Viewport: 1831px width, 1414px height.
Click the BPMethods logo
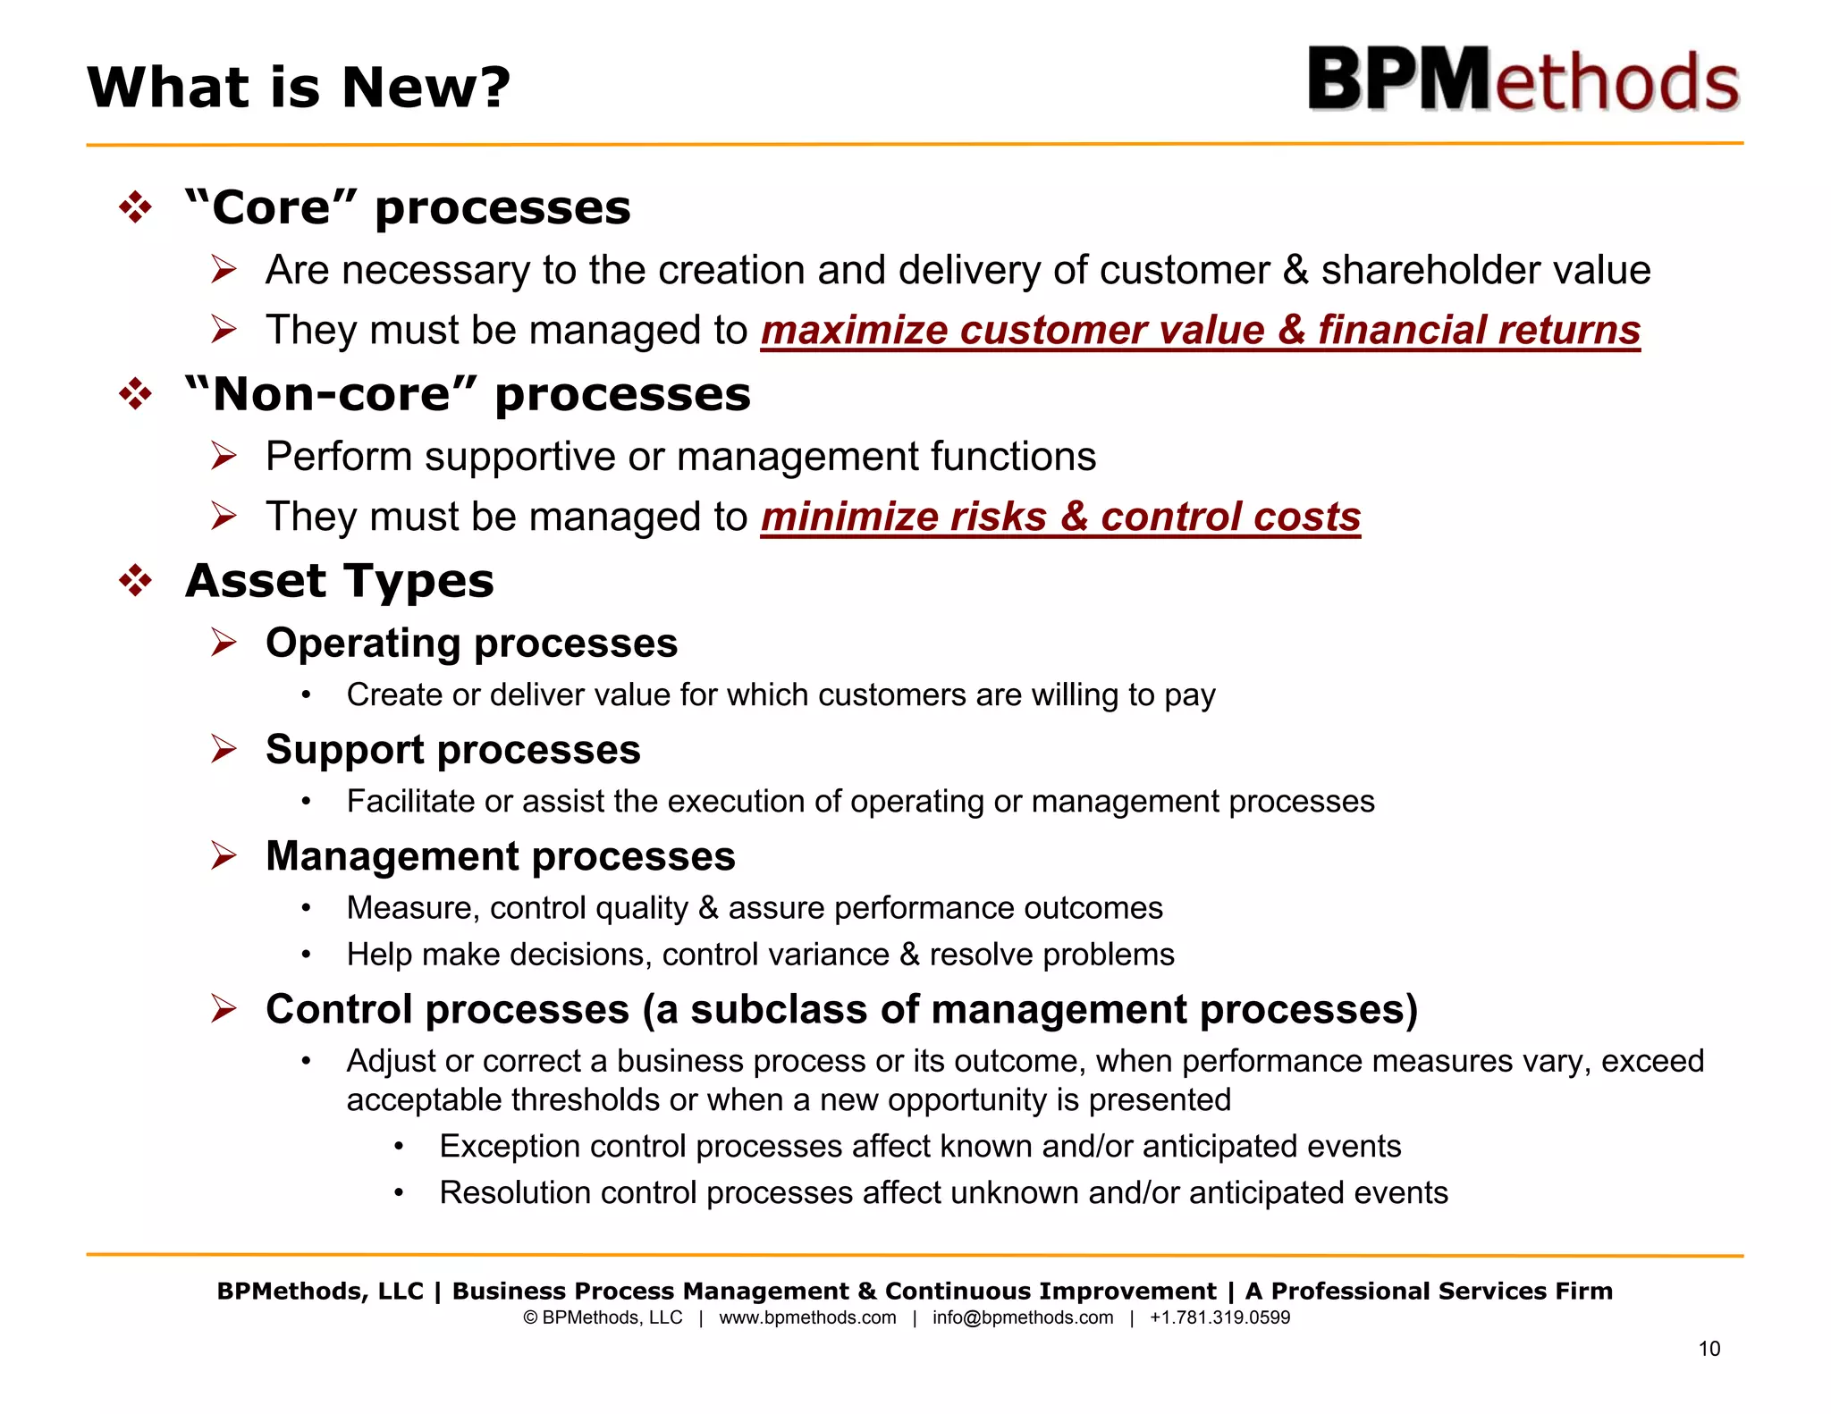pyautogui.click(x=1523, y=80)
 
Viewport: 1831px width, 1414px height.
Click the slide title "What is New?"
pyautogui.click(x=299, y=88)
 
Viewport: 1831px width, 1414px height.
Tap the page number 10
pyautogui.click(x=1709, y=1349)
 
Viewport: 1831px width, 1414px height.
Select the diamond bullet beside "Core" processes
pyautogui.click(x=136, y=208)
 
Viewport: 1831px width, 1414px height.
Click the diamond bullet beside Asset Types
pyautogui.click(x=136, y=582)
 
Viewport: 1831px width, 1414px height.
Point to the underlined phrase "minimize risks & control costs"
pyautogui.click(x=1060, y=518)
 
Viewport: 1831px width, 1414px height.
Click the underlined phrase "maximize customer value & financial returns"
pyautogui.click(x=1200, y=331)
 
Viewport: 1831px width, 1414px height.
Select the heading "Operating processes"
pyautogui.click(x=471, y=644)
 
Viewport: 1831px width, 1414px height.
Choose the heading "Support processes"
pyautogui.click(x=452, y=750)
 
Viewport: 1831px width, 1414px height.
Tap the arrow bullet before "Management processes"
pyautogui.click(x=224, y=856)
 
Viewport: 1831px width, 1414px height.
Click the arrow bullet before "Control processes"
pyautogui.click(x=224, y=1009)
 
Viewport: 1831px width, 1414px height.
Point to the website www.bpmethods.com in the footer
pyautogui.click(x=806, y=1317)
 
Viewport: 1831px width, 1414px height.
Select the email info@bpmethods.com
pyautogui.click(x=1022, y=1317)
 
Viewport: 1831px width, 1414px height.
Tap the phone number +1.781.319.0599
pyautogui.click(x=1219, y=1317)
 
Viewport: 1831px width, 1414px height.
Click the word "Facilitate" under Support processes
pyautogui.click(x=410, y=802)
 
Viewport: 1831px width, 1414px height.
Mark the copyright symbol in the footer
pyautogui.click(x=530, y=1317)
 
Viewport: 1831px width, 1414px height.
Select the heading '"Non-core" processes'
pyautogui.click(x=468, y=395)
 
